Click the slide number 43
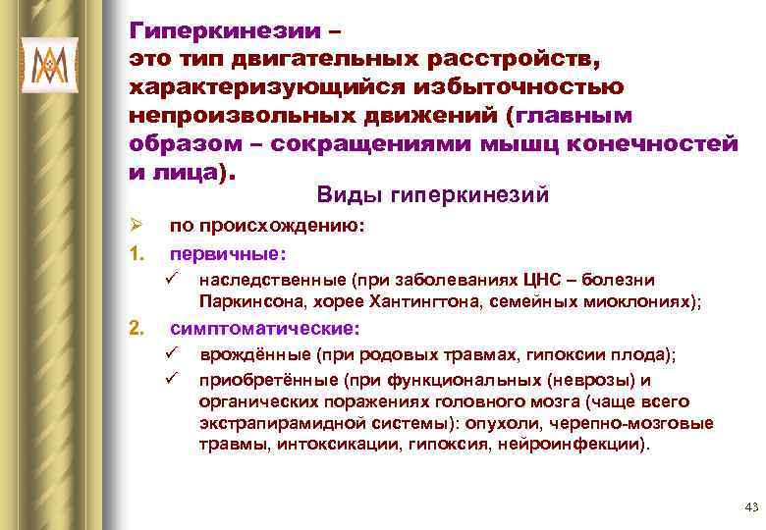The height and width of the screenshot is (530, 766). pos(752,506)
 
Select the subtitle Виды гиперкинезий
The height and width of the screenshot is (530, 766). pos(432,195)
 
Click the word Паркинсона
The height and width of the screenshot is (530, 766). pos(245,302)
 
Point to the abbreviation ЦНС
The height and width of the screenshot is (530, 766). pos(543,280)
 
